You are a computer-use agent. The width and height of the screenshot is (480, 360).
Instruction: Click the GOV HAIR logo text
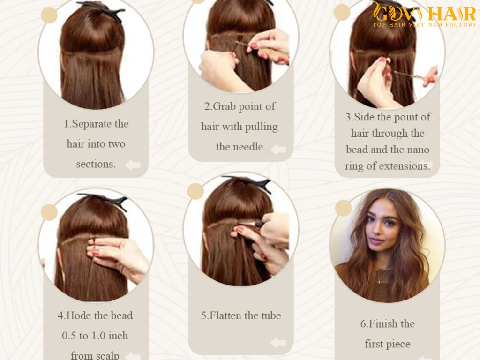click(424, 12)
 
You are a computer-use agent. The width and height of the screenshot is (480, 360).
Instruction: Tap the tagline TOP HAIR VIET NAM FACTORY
click(424, 24)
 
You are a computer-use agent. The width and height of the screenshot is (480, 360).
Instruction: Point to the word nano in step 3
click(418, 150)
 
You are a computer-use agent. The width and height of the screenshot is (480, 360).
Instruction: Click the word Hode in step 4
click(82, 315)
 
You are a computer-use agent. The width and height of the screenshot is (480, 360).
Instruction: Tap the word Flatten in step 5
click(229, 315)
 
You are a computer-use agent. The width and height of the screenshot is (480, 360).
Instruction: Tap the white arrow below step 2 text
click(278, 150)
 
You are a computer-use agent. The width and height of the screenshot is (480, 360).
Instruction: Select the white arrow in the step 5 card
click(278, 343)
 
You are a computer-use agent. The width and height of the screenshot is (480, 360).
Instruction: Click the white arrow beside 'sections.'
click(133, 165)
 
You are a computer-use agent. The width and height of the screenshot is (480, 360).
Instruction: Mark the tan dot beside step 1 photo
click(49, 15)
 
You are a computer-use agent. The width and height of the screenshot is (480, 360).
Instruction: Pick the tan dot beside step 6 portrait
click(343, 208)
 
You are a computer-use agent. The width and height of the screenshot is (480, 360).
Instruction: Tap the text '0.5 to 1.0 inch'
click(95, 336)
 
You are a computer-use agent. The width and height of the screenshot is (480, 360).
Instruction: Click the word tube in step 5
click(271, 315)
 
